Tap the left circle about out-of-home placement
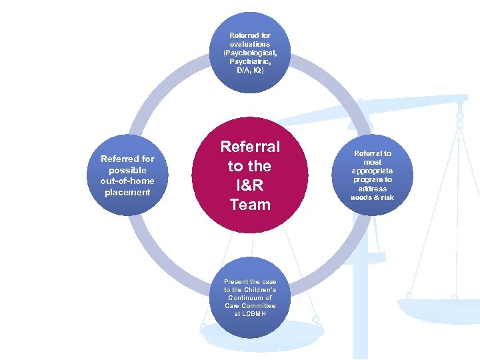tap(127, 175)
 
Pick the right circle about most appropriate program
tap(373, 175)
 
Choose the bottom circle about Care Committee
tap(250, 297)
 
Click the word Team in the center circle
tap(250, 205)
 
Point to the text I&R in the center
tap(250, 185)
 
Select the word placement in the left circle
tap(127, 193)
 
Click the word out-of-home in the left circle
tap(127, 181)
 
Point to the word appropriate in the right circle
tap(373, 171)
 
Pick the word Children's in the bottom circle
tap(260, 290)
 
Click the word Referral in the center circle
tap(250, 146)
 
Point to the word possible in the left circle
tap(127, 170)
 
